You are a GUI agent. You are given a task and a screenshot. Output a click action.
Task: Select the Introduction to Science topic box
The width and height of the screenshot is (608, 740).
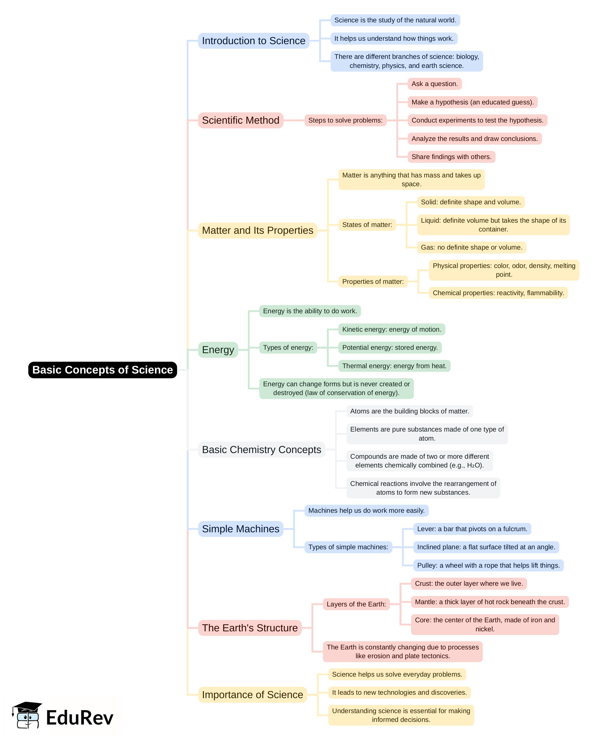253,41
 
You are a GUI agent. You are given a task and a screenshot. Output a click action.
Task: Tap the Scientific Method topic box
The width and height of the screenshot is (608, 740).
240,120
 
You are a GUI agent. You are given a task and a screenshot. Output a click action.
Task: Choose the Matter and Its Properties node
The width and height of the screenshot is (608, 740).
257,230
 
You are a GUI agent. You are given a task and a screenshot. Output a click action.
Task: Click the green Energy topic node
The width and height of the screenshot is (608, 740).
218,349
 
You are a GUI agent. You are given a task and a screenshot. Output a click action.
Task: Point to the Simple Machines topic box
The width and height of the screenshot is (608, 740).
240,529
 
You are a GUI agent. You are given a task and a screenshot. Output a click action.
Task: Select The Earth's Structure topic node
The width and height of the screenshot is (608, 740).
250,628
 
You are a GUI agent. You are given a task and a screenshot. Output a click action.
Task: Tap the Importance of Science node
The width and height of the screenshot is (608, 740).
253,695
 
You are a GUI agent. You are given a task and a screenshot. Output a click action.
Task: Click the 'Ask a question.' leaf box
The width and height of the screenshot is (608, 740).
434,84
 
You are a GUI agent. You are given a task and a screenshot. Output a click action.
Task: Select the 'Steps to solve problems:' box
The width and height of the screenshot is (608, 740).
345,120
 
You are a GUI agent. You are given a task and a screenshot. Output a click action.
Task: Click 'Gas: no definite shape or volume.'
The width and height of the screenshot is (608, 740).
471,247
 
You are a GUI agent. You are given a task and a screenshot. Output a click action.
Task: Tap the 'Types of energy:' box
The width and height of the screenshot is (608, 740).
288,348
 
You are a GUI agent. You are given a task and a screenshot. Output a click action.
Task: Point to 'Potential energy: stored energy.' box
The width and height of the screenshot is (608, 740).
390,348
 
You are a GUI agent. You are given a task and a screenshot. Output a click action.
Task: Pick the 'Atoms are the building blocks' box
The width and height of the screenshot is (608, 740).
409,411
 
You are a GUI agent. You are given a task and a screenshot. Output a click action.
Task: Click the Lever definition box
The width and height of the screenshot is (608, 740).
472,529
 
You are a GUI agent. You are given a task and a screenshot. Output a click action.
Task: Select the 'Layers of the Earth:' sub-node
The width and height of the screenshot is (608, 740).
356,604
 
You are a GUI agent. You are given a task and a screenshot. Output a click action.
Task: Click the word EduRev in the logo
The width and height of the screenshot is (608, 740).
80,718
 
